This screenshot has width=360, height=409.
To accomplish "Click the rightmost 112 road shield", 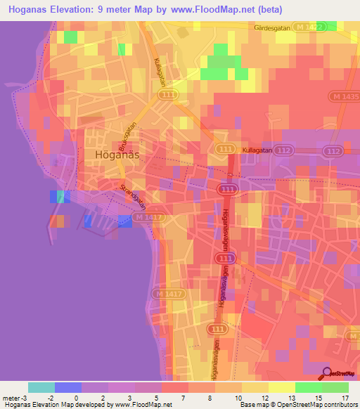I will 333,151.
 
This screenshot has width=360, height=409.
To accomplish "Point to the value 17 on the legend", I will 345,398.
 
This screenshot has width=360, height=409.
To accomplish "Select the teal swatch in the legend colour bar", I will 41,387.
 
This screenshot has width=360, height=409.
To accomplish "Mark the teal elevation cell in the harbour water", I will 60,196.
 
